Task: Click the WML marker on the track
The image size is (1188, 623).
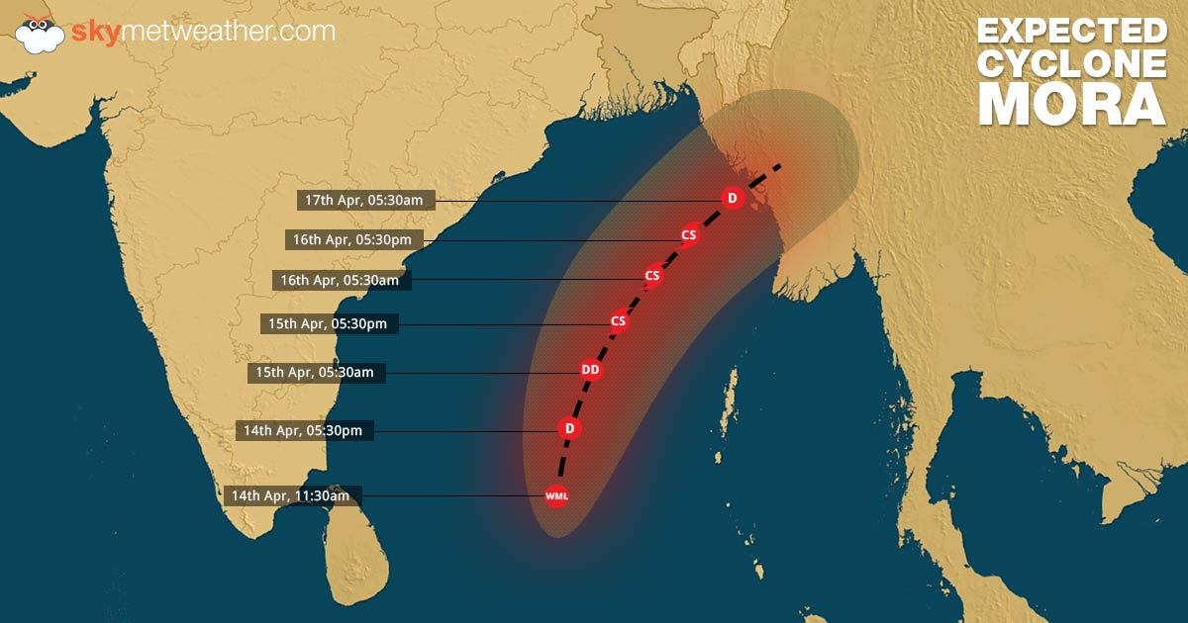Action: [x=556, y=494]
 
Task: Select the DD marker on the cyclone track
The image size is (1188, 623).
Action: [x=591, y=371]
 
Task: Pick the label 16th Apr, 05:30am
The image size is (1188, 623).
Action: [x=340, y=281]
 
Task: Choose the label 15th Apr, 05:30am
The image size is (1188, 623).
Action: [x=315, y=373]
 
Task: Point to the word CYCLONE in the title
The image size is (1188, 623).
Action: [x=1071, y=62]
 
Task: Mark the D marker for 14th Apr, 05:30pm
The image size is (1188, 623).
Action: [x=568, y=428]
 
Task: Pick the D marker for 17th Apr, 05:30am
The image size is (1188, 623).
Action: [x=732, y=199]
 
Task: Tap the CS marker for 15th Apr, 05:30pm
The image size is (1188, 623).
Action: [x=619, y=320]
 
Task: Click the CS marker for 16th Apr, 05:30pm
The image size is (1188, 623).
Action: [x=689, y=235]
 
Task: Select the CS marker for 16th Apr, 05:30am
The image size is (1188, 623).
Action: [x=651, y=275]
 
